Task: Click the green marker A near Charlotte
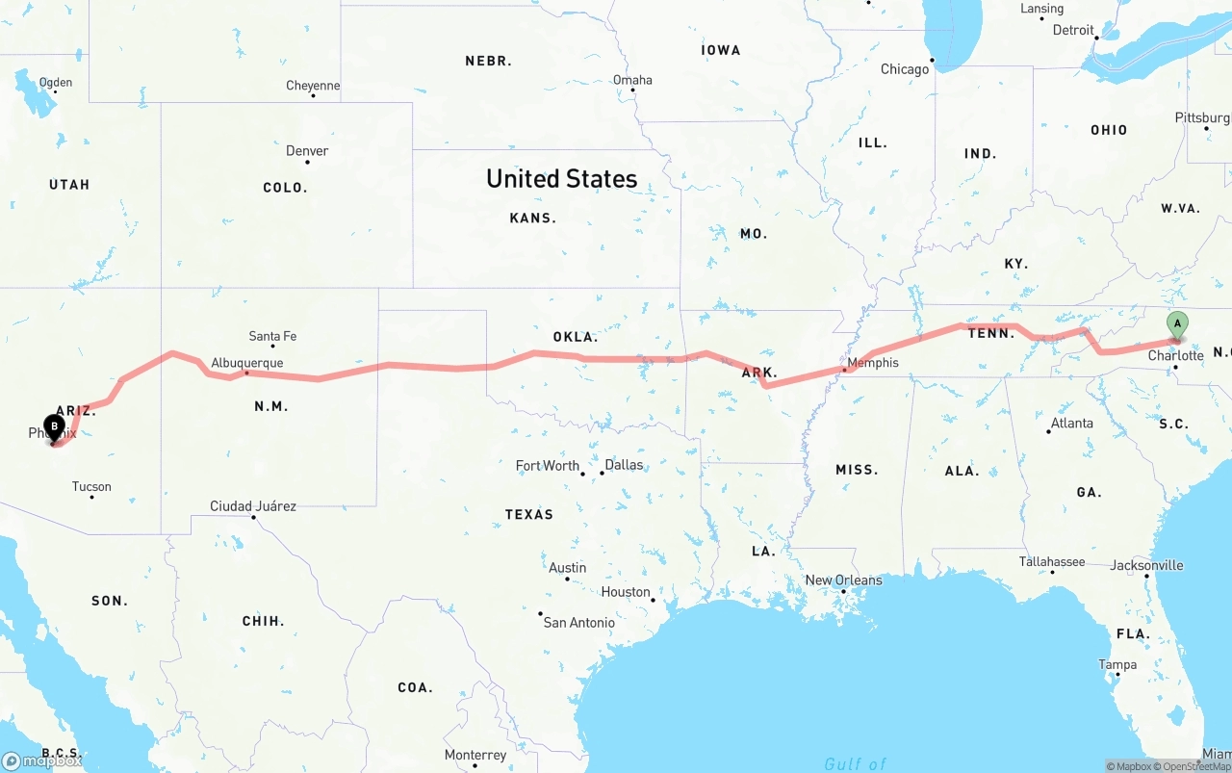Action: (1176, 325)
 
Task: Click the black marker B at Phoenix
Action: (54, 426)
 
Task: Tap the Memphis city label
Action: (873, 363)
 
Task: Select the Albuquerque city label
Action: (247, 363)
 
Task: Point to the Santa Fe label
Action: (272, 336)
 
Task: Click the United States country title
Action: (561, 179)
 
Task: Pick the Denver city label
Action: (307, 151)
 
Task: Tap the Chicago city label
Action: (905, 69)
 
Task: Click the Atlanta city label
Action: (1071, 424)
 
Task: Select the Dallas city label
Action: (624, 465)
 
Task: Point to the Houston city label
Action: (626, 592)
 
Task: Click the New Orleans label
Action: (843, 580)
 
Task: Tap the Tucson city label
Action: (91, 487)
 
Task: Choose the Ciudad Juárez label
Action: (253, 506)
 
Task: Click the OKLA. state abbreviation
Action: (576, 337)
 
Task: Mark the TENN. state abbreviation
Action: (990, 333)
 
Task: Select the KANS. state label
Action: (533, 219)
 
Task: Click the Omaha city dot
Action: (632, 90)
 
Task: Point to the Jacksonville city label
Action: (1146, 565)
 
